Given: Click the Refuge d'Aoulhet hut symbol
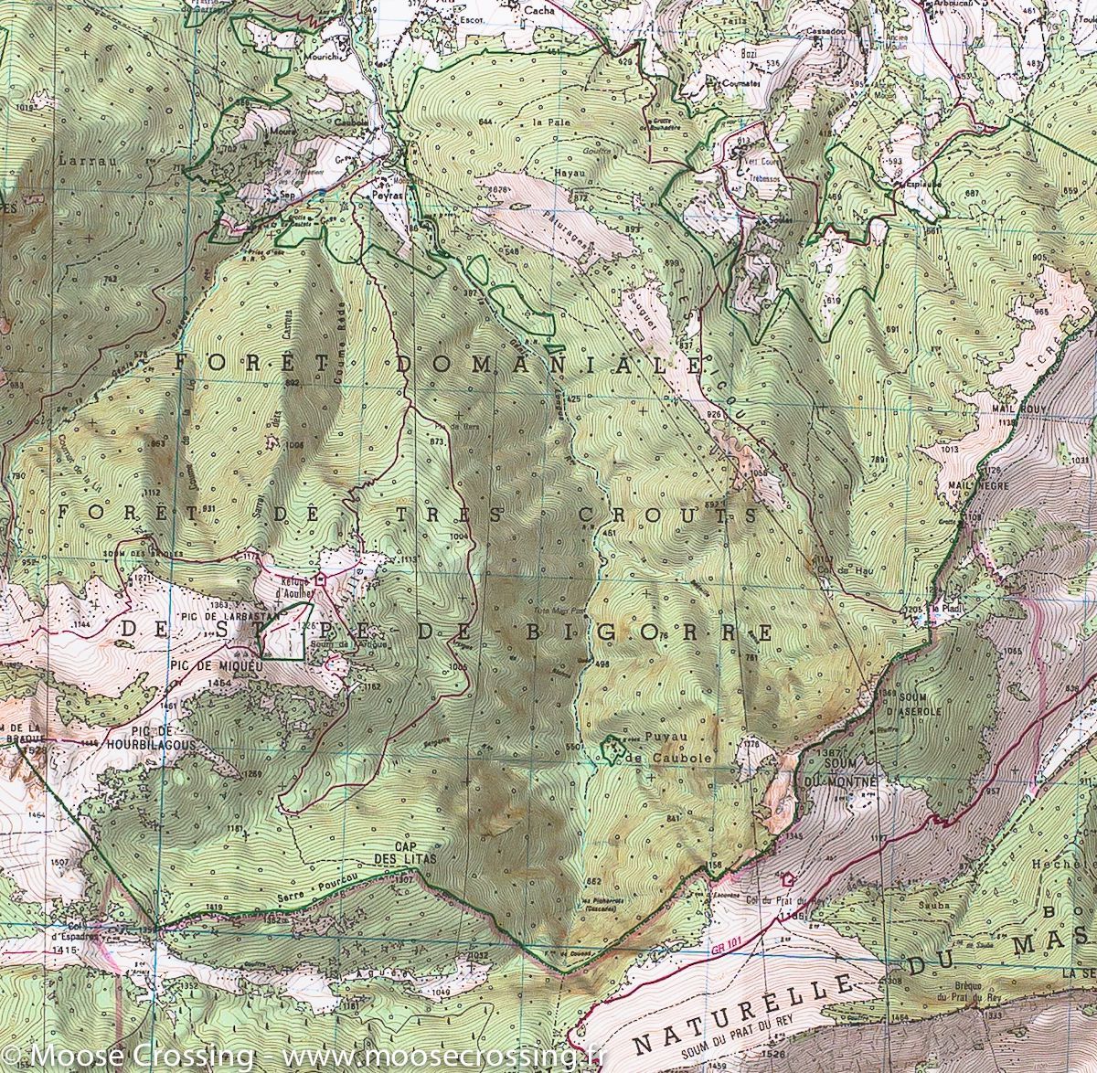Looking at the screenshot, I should [x=321, y=579].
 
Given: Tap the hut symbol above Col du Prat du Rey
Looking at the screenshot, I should [x=788, y=879].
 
